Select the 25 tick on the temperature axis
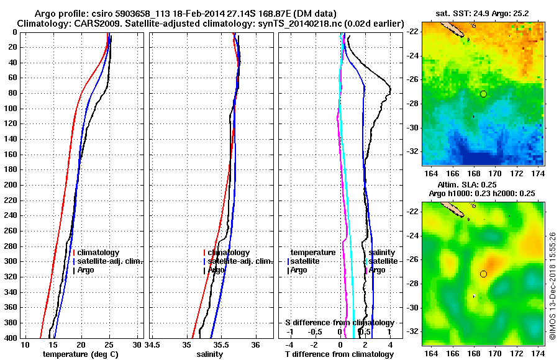pos(109,344)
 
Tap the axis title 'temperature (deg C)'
pos(80,354)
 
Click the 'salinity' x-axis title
pos(211,354)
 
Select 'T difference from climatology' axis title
pos(339,354)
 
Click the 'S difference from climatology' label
pos(339,323)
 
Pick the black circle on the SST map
pos(483,94)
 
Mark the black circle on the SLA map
pos(483,274)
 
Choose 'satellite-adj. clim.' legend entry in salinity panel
pos(238,261)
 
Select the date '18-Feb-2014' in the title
pos(187,14)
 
